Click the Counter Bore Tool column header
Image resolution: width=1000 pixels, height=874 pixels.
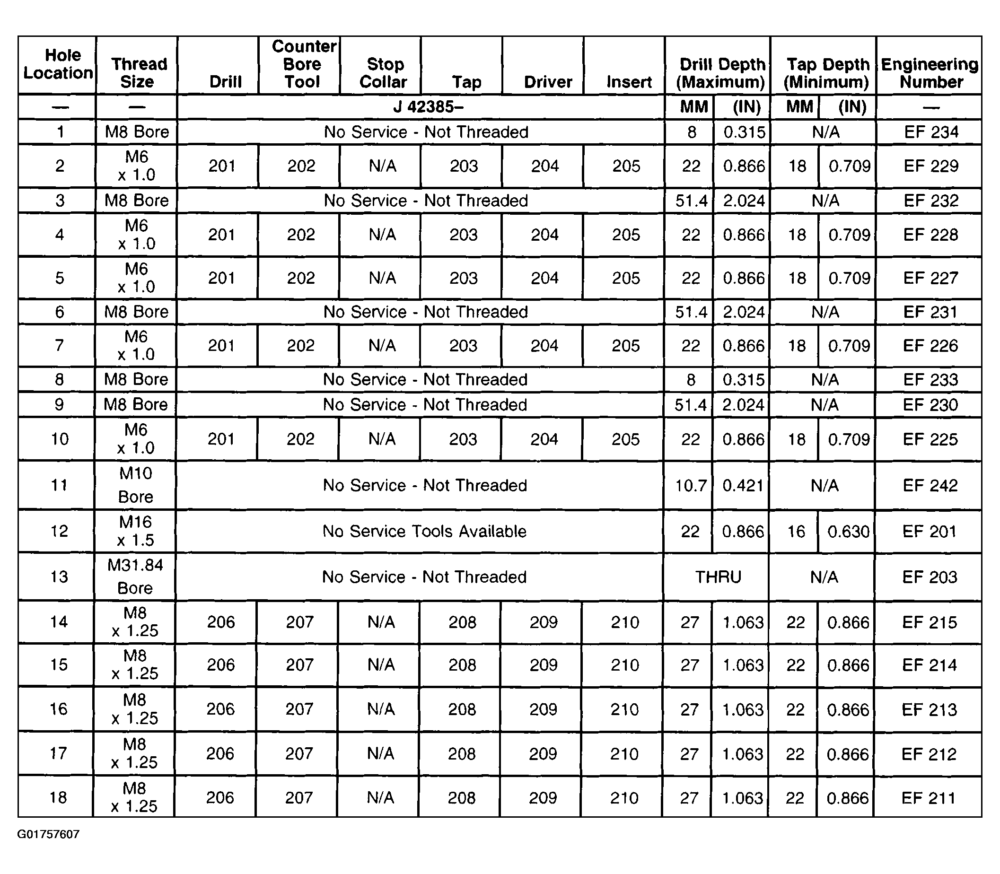[x=303, y=64]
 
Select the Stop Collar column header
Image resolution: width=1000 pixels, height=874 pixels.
[x=384, y=73]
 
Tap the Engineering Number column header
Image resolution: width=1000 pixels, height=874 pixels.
[x=930, y=73]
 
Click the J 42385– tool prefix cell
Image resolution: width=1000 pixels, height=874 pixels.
[x=428, y=107]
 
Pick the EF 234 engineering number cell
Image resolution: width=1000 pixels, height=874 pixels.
[x=931, y=131]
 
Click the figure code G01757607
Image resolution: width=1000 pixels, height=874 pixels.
[x=48, y=834]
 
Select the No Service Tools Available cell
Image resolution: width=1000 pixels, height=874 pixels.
[x=424, y=531]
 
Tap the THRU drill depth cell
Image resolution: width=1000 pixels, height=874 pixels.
[x=718, y=577]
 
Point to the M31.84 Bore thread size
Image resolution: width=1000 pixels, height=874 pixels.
[x=135, y=577]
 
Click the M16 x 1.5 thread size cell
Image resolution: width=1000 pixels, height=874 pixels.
[x=136, y=531]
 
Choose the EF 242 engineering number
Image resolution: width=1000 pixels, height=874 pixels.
[x=930, y=485]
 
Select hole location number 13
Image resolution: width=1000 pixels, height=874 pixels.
[x=59, y=577]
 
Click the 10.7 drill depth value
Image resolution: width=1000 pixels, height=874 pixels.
[x=690, y=485]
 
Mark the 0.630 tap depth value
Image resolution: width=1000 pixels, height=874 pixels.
[x=848, y=531]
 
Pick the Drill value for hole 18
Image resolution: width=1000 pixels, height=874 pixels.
[x=220, y=797]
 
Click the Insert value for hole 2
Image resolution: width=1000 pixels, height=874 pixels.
[x=626, y=166]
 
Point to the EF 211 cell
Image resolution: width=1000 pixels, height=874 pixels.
[x=928, y=797]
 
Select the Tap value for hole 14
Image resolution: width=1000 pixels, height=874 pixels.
[x=463, y=622]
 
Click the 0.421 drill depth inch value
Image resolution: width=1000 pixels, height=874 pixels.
[x=743, y=485]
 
